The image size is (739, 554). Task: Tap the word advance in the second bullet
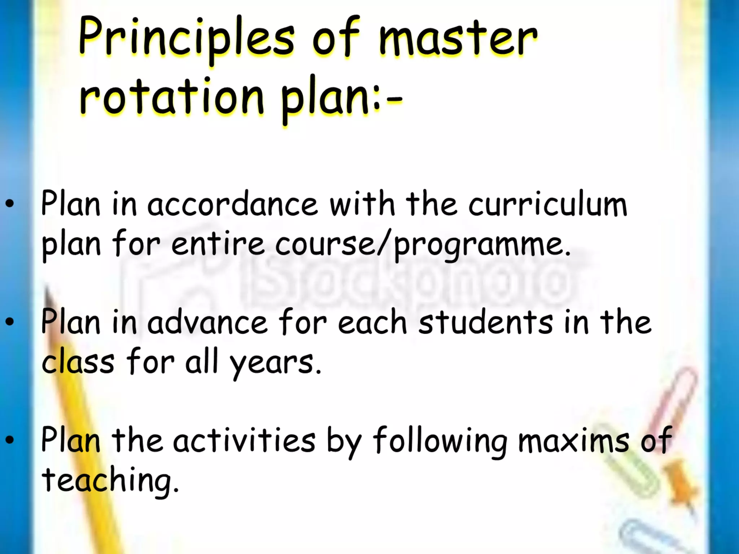click(207, 322)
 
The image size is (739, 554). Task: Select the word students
click(485, 322)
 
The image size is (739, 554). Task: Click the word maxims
click(574, 440)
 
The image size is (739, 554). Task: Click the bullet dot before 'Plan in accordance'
click(10, 203)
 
